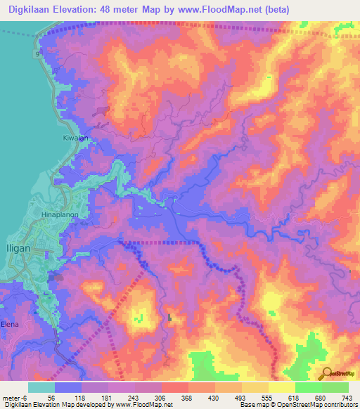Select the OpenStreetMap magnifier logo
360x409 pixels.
[327, 373]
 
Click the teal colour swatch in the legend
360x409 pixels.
[41, 387]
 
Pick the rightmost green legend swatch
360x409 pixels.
[335, 387]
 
